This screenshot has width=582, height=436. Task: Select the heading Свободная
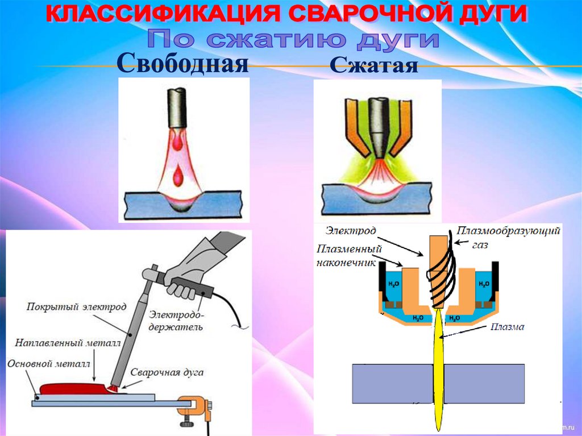[x=184, y=63]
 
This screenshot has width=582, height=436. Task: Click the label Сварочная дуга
[x=167, y=373]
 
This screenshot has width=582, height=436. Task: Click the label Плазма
[x=509, y=327]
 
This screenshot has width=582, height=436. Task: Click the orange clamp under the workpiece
[x=194, y=406]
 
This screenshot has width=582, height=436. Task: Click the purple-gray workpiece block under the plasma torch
[x=392, y=384]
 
